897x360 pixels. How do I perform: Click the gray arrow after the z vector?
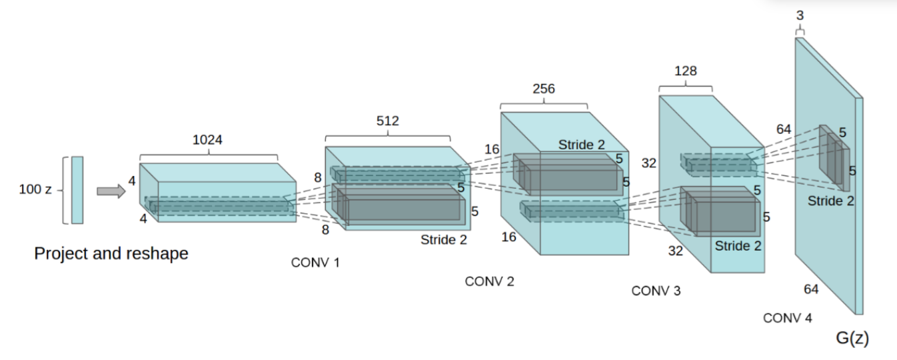pyautogui.click(x=111, y=191)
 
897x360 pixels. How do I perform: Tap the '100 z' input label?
pyautogui.click(x=37, y=190)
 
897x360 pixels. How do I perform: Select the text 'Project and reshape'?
pyautogui.click(x=111, y=254)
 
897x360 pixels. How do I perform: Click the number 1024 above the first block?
pyautogui.click(x=209, y=140)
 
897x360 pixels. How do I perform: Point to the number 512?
pyautogui.click(x=387, y=121)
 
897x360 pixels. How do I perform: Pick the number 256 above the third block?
pyautogui.click(x=544, y=89)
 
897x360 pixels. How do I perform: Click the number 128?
pyautogui.click(x=686, y=71)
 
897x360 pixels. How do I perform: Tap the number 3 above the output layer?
pyautogui.click(x=800, y=15)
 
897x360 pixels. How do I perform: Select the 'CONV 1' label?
pyautogui.click(x=315, y=263)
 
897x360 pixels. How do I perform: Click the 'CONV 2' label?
pyautogui.click(x=489, y=281)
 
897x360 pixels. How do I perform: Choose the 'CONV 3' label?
pyautogui.click(x=656, y=291)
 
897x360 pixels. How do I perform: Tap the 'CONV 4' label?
pyautogui.click(x=788, y=318)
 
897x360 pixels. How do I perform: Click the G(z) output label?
pyautogui.click(x=852, y=339)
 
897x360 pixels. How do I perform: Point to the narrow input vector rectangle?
pyautogui.click(x=77, y=190)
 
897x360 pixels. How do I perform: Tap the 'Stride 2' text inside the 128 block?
pyautogui.click(x=738, y=245)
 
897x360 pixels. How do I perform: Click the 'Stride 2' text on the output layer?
pyautogui.click(x=830, y=200)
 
